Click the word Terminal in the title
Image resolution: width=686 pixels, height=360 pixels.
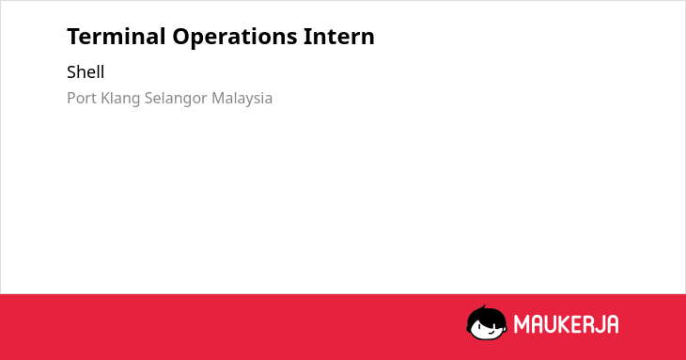(x=117, y=36)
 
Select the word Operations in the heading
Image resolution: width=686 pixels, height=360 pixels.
(x=235, y=37)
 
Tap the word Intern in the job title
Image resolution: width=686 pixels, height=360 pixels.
(x=339, y=36)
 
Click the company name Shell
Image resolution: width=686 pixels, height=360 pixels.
(x=86, y=71)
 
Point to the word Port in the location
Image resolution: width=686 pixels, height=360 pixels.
(x=82, y=98)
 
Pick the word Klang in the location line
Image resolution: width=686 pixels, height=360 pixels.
(x=120, y=99)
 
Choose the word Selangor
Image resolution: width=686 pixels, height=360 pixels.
(x=176, y=99)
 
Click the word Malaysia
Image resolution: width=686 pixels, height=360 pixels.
(x=242, y=99)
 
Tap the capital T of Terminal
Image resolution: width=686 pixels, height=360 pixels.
(x=73, y=37)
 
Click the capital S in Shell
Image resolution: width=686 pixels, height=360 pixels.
(x=71, y=72)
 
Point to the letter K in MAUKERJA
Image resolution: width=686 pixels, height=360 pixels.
(x=565, y=324)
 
